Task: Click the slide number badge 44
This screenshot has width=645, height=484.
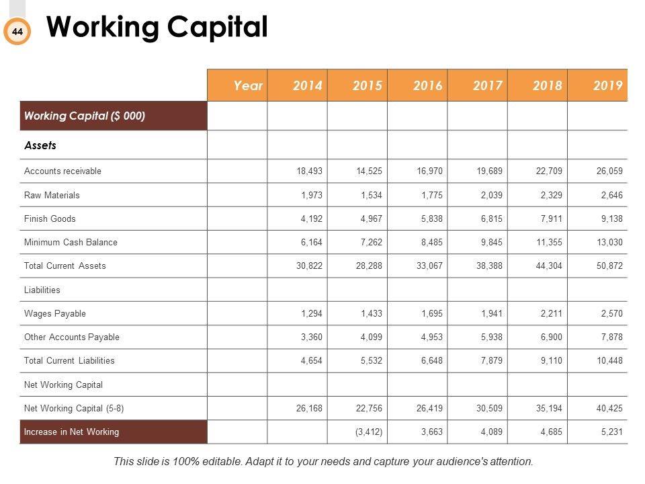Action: [17, 32]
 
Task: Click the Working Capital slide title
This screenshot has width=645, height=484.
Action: [157, 28]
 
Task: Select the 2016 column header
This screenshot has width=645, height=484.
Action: [428, 85]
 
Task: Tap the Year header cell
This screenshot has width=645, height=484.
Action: [248, 85]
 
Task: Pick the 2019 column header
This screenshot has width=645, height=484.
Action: [608, 85]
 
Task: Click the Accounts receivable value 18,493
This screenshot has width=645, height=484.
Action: [310, 171]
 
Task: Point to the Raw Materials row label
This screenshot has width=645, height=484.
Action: [52, 195]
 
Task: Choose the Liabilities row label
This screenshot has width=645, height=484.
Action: [42, 290]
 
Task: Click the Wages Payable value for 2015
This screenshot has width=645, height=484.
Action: [370, 313]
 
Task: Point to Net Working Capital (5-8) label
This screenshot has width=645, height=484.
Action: [74, 408]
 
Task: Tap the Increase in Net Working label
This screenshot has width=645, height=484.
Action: [71, 432]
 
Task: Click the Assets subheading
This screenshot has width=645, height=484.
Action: [40, 145]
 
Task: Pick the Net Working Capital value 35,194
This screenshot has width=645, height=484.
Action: [549, 408]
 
